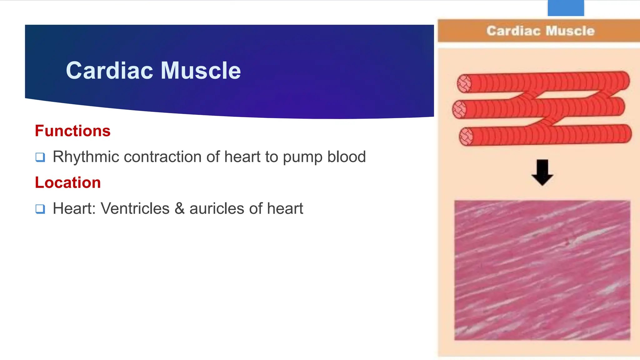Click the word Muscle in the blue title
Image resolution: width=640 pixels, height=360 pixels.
pyautogui.click(x=201, y=71)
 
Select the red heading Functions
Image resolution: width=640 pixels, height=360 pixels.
pyautogui.click(x=72, y=131)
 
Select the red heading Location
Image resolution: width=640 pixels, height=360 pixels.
pyautogui.click(x=68, y=182)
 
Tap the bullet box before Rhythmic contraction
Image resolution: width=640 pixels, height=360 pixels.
pyautogui.click(x=40, y=157)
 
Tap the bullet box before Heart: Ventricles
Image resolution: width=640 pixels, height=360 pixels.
pyautogui.click(x=40, y=209)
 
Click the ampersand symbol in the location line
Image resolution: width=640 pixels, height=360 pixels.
pyautogui.click(x=180, y=208)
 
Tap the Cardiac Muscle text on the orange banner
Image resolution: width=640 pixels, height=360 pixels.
pyautogui.click(x=540, y=31)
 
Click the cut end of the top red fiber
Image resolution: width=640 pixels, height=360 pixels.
pyautogui.click(x=464, y=83)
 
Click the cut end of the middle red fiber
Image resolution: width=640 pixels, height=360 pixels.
pyautogui.click(x=459, y=109)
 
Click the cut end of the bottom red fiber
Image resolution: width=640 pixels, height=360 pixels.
pyautogui.click(x=466, y=137)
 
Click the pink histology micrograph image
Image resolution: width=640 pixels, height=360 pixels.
pyautogui.click(x=542, y=270)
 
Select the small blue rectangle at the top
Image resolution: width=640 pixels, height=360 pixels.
pyautogui.click(x=566, y=8)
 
